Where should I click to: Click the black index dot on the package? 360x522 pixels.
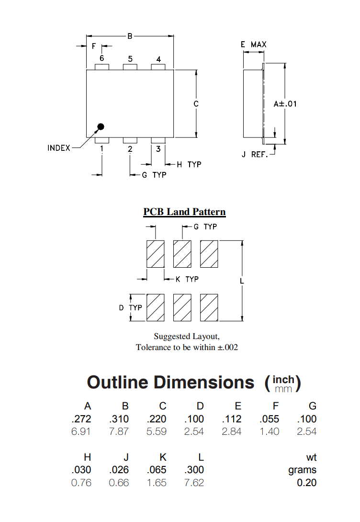pos(101,127)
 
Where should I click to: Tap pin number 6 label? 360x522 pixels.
pos(102,58)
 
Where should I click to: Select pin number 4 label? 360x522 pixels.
pos(158,59)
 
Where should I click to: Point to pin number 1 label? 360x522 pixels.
pos(102,149)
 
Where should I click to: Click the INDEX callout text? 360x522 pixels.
pos(59,148)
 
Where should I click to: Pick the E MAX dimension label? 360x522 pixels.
pos(254,45)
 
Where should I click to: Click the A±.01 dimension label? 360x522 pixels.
pos(285,104)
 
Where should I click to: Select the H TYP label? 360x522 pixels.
pos(189,165)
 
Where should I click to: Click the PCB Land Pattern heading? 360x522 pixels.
pos(184,212)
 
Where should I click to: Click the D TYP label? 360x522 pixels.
pos(130,307)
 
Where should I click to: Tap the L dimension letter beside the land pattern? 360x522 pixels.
pos(242,281)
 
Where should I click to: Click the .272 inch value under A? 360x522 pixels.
pos(81,419)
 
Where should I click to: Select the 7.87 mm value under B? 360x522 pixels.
pos(119,431)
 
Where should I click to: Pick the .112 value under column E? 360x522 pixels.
pos(232,419)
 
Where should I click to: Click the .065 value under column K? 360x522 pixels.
pos(157,470)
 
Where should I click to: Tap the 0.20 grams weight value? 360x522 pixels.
pos(306,483)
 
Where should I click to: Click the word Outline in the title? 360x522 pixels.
pos(117,383)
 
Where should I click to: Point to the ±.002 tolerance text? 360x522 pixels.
pos(227,347)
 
